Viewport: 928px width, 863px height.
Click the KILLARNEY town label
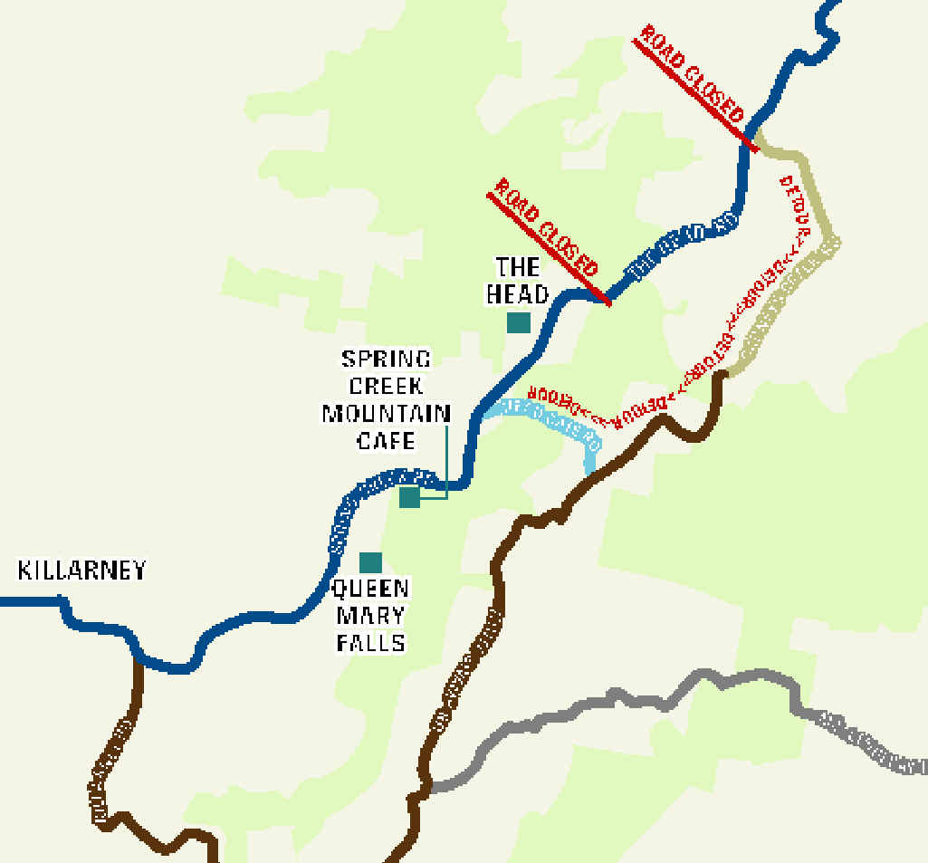[81, 571]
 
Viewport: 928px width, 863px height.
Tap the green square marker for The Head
[518, 322]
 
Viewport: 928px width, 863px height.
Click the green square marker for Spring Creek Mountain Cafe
[409, 496]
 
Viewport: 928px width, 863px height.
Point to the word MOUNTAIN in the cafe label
[387, 414]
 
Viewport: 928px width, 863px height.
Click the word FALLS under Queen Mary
[369, 643]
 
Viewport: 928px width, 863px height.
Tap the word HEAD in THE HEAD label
[518, 294]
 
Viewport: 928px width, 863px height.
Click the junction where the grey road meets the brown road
[426, 786]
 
